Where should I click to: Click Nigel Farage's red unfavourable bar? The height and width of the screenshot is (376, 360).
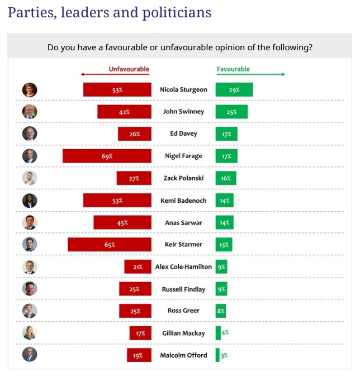coord(107,156)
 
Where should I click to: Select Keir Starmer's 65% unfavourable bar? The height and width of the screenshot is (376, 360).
coord(110,245)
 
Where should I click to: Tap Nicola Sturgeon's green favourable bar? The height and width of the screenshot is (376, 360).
coord(234,89)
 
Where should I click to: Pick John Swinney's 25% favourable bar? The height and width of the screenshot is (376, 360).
coord(231,112)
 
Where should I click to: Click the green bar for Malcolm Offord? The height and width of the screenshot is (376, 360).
coord(218,355)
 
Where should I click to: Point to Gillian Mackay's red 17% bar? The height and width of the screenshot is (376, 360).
coord(140,334)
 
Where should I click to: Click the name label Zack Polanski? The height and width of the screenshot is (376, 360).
coord(183,178)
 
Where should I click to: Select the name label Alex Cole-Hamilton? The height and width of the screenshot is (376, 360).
coord(183,267)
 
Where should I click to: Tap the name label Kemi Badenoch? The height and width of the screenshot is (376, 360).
coord(183,201)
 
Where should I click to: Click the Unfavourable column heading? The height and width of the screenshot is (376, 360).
coord(129,69)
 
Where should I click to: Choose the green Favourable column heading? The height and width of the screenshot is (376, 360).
coord(233,69)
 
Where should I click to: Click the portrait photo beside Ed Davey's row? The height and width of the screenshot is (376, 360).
coord(30,134)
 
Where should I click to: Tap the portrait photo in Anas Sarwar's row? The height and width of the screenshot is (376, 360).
coord(30,222)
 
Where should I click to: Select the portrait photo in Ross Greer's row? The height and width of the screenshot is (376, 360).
coord(30,311)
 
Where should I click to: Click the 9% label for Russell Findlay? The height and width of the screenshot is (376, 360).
coord(221,289)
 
